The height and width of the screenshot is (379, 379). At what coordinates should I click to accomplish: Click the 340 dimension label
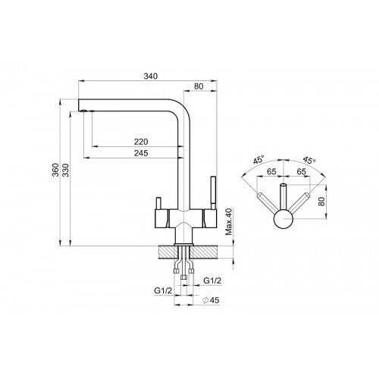click(x=151, y=76)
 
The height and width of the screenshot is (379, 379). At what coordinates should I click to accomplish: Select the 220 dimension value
click(x=141, y=142)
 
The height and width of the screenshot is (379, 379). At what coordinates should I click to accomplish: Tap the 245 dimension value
click(x=141, y=153)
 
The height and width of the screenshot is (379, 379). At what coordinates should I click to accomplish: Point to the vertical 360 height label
click(x=55, y=170)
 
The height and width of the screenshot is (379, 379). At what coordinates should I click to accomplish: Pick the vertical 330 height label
click(x=65, y=170)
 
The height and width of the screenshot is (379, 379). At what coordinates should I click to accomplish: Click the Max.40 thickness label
click(x=229, y=222)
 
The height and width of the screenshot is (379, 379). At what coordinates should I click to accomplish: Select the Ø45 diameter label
click(x=211, y=300)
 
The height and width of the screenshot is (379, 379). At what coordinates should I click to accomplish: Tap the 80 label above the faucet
click(x=199, y=86)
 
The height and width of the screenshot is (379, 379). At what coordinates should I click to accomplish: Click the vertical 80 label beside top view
click(x=321, y=202)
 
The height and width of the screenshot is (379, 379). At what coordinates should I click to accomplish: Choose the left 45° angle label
click(x=258, y=160)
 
